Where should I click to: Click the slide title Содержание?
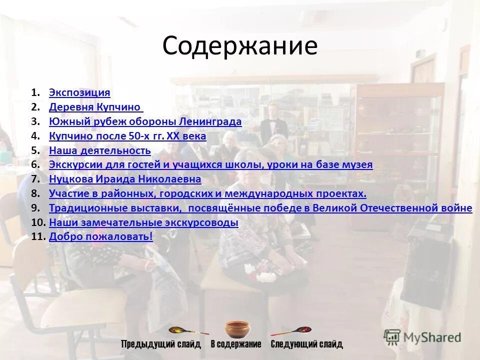pos(239,46)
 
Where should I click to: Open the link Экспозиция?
pos(79,92)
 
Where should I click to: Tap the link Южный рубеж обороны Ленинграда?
pos(145,121)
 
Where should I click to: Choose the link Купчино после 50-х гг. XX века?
pos(127,136)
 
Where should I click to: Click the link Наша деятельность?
pos(100,150)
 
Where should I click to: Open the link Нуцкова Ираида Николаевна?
pos(125,179)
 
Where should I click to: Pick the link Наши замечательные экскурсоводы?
pos(143,222)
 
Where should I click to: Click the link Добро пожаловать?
pos(101,236)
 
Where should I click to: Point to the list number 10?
pos(38,222)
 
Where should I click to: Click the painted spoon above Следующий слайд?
pos(292,330)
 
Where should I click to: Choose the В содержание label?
pos(236,344)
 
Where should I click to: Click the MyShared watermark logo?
pos(422,337)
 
